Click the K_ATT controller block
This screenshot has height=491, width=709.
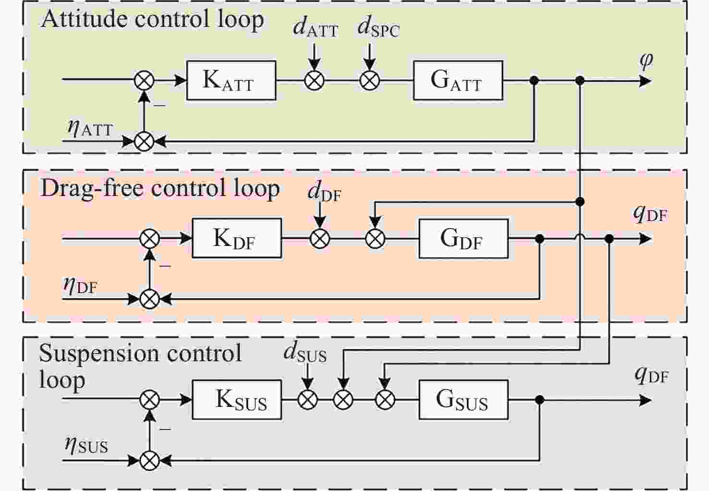click(231, 80)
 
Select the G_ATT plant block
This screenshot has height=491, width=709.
click(458, 80)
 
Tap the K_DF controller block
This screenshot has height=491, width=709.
click(237, 238)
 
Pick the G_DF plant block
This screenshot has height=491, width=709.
click(464, 238)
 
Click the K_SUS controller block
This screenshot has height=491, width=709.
click(237, 400)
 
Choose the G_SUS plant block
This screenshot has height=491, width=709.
click(464, 400)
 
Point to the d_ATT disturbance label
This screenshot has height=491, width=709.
click(316, 28)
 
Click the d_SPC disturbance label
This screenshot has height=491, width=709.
click(379, 28)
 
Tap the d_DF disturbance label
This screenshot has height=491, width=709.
click(324, 192)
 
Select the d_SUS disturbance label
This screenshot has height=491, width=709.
click(305, 353)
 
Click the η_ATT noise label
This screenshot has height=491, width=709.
click(90, 128)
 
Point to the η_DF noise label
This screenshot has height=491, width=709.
click(80, 285)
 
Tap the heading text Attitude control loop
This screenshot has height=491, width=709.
click(152, 19)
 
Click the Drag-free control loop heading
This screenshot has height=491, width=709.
click(160, 188)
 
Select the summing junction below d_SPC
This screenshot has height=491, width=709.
click(370, 80)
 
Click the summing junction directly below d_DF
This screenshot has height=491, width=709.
click(320, 238)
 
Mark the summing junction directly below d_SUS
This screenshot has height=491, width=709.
click(307, 400)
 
